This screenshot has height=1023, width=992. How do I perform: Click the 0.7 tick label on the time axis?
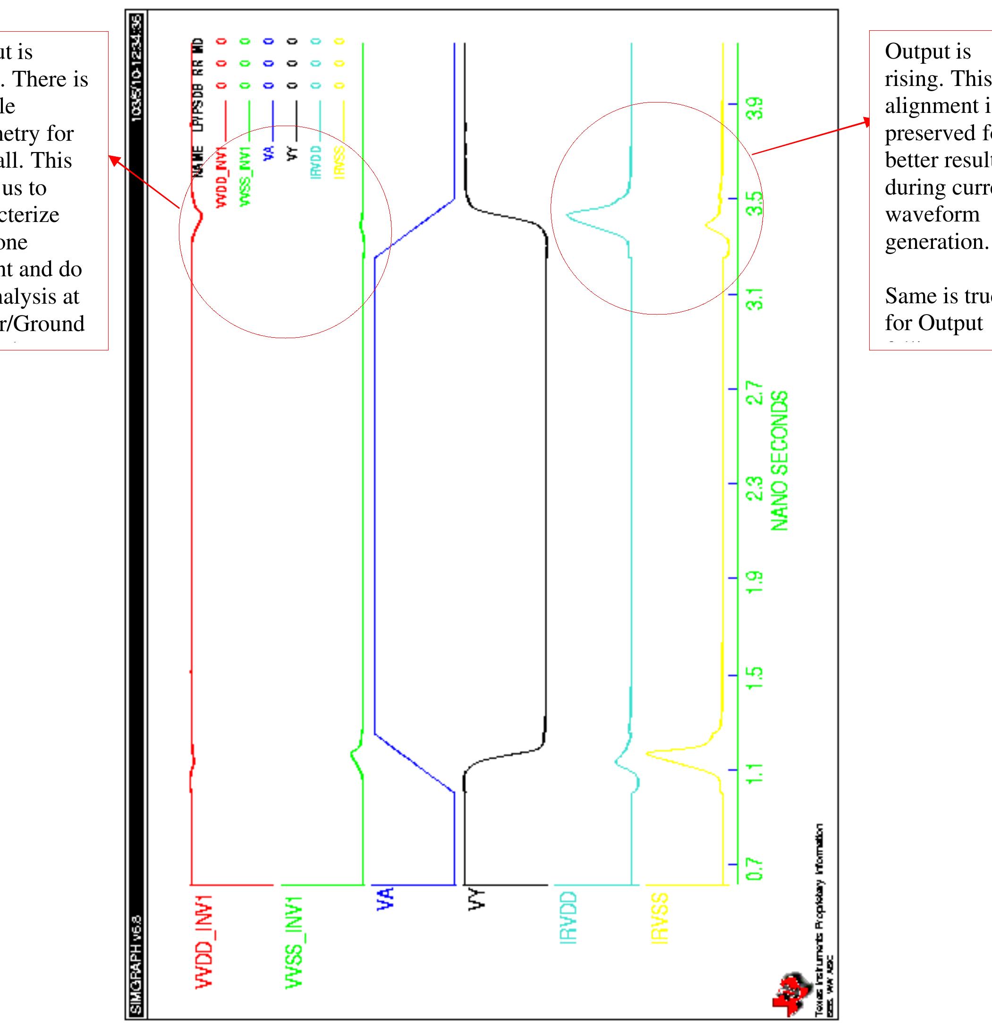click(x=755, y=870)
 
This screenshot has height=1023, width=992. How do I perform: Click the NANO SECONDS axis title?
click(x=779, y=462)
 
